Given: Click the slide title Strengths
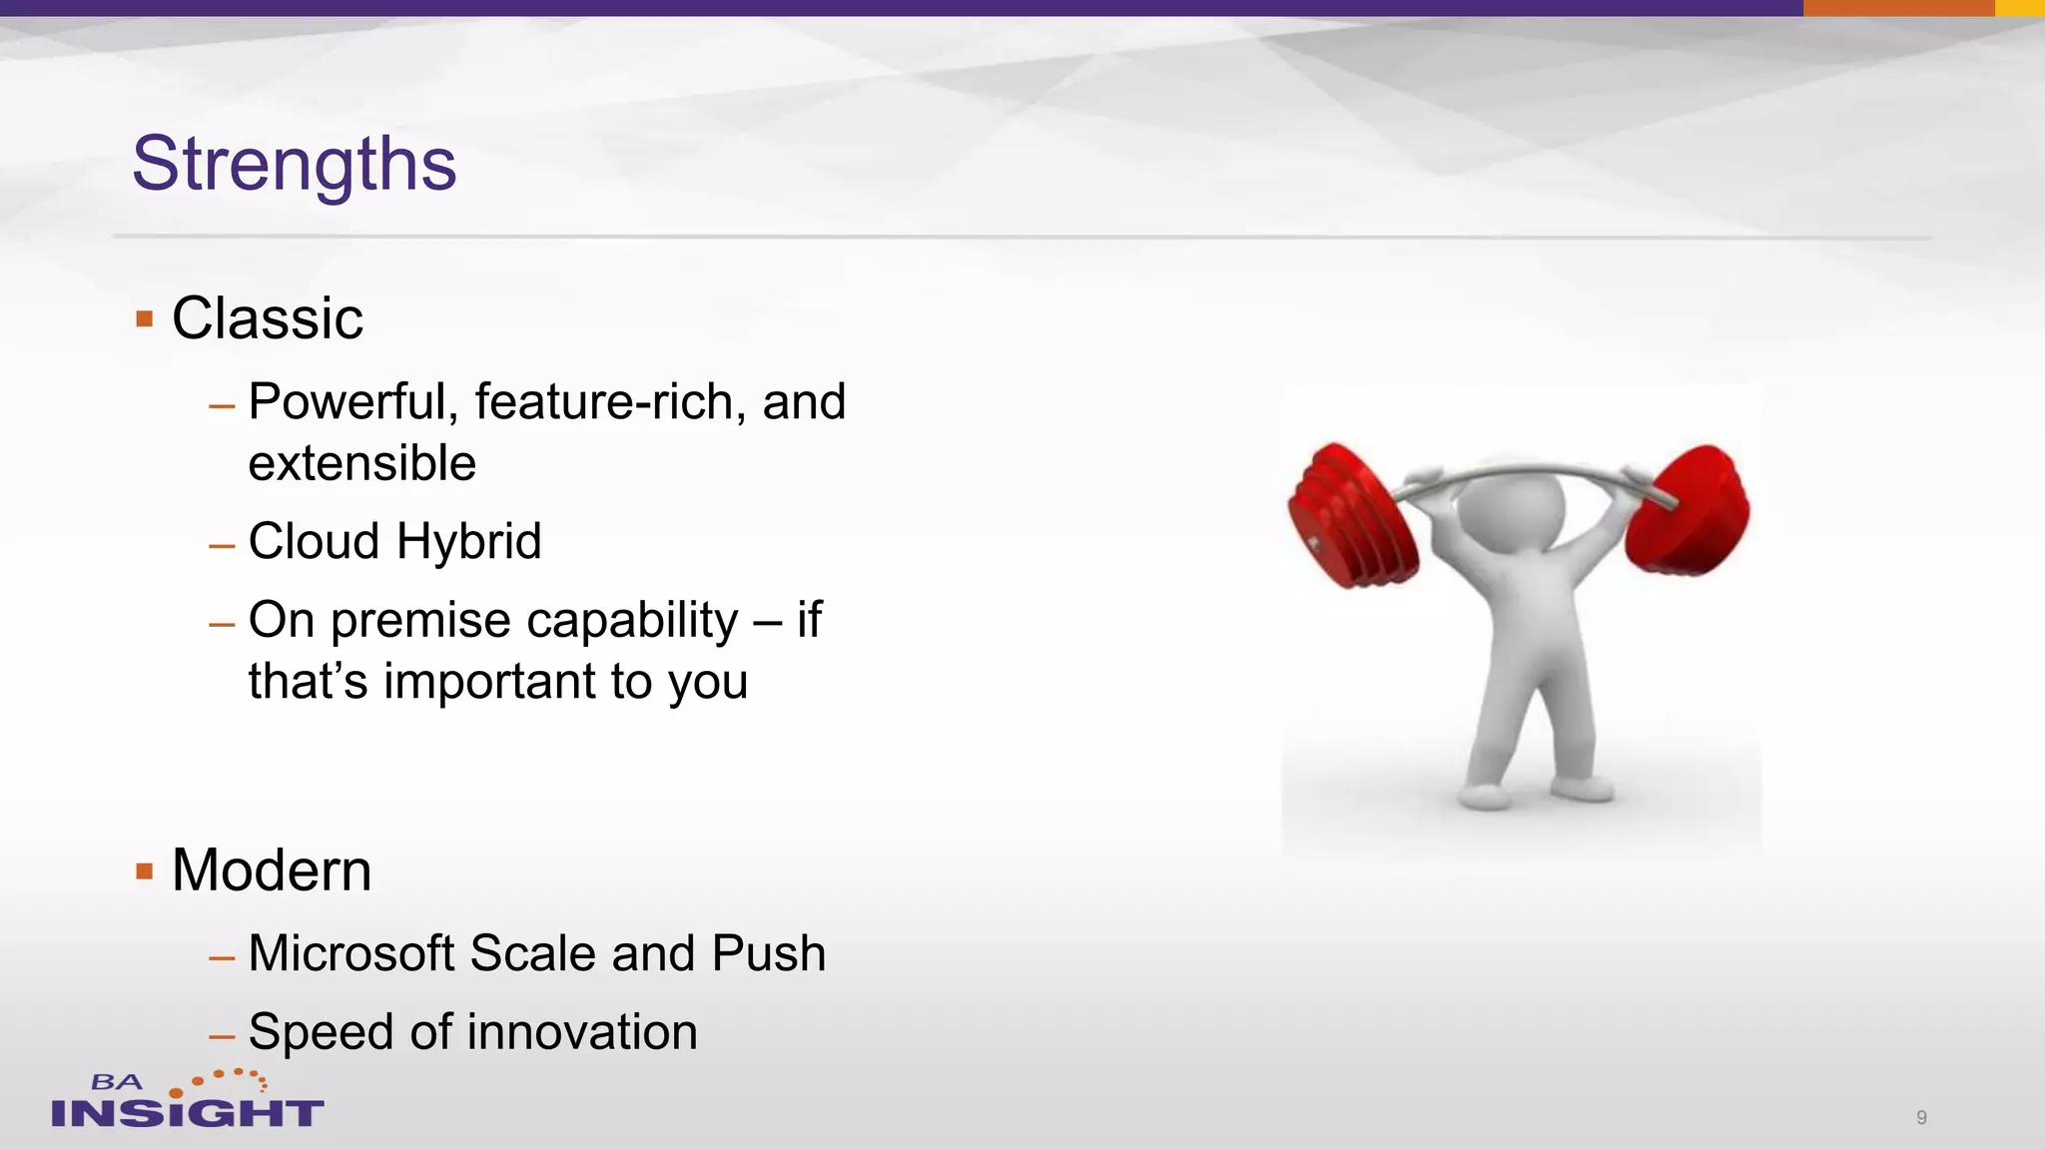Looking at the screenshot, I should point(295,164).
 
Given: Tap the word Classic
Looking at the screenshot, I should point(268,318).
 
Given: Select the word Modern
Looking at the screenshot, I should point(272,869).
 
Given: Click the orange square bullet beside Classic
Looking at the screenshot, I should point(145,319).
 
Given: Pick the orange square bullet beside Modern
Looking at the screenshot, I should point(145,871).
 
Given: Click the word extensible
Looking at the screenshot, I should point(361,463).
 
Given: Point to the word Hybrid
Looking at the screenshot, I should point(468,541).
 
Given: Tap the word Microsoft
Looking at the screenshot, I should point(350,953).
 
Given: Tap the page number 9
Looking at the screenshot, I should point(1921,1117).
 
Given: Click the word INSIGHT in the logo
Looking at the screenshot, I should point(187,1112).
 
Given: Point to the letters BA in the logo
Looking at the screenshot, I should point(117,1082).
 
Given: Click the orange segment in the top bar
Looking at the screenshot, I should point(1898,8).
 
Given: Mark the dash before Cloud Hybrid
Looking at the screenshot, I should point(222,546).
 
